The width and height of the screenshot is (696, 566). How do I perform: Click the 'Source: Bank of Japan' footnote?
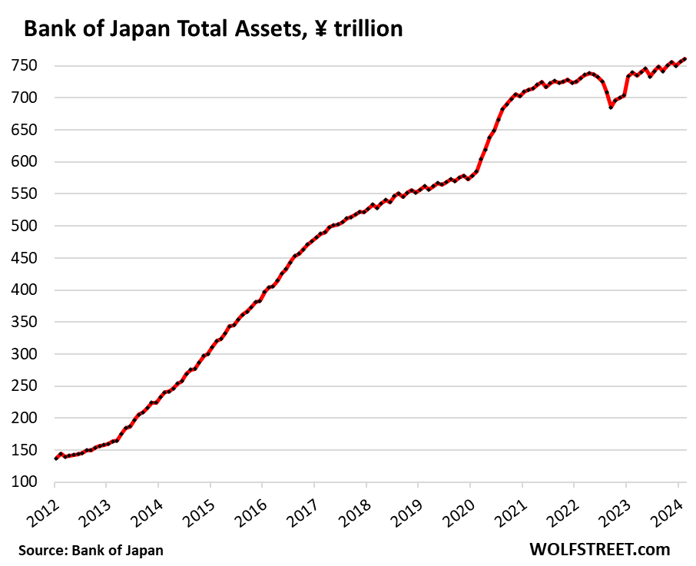[x=91, y=550]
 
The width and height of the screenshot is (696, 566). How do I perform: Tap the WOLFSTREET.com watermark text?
[x=599, y=549]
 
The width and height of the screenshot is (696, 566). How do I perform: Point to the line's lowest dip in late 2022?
[x=611, y=108]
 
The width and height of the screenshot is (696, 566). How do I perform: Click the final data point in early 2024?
[x=684, y=58]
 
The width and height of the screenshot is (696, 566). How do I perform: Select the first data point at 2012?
[x=55, y=458]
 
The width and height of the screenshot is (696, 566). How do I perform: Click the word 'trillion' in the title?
[x=366, y=29]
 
